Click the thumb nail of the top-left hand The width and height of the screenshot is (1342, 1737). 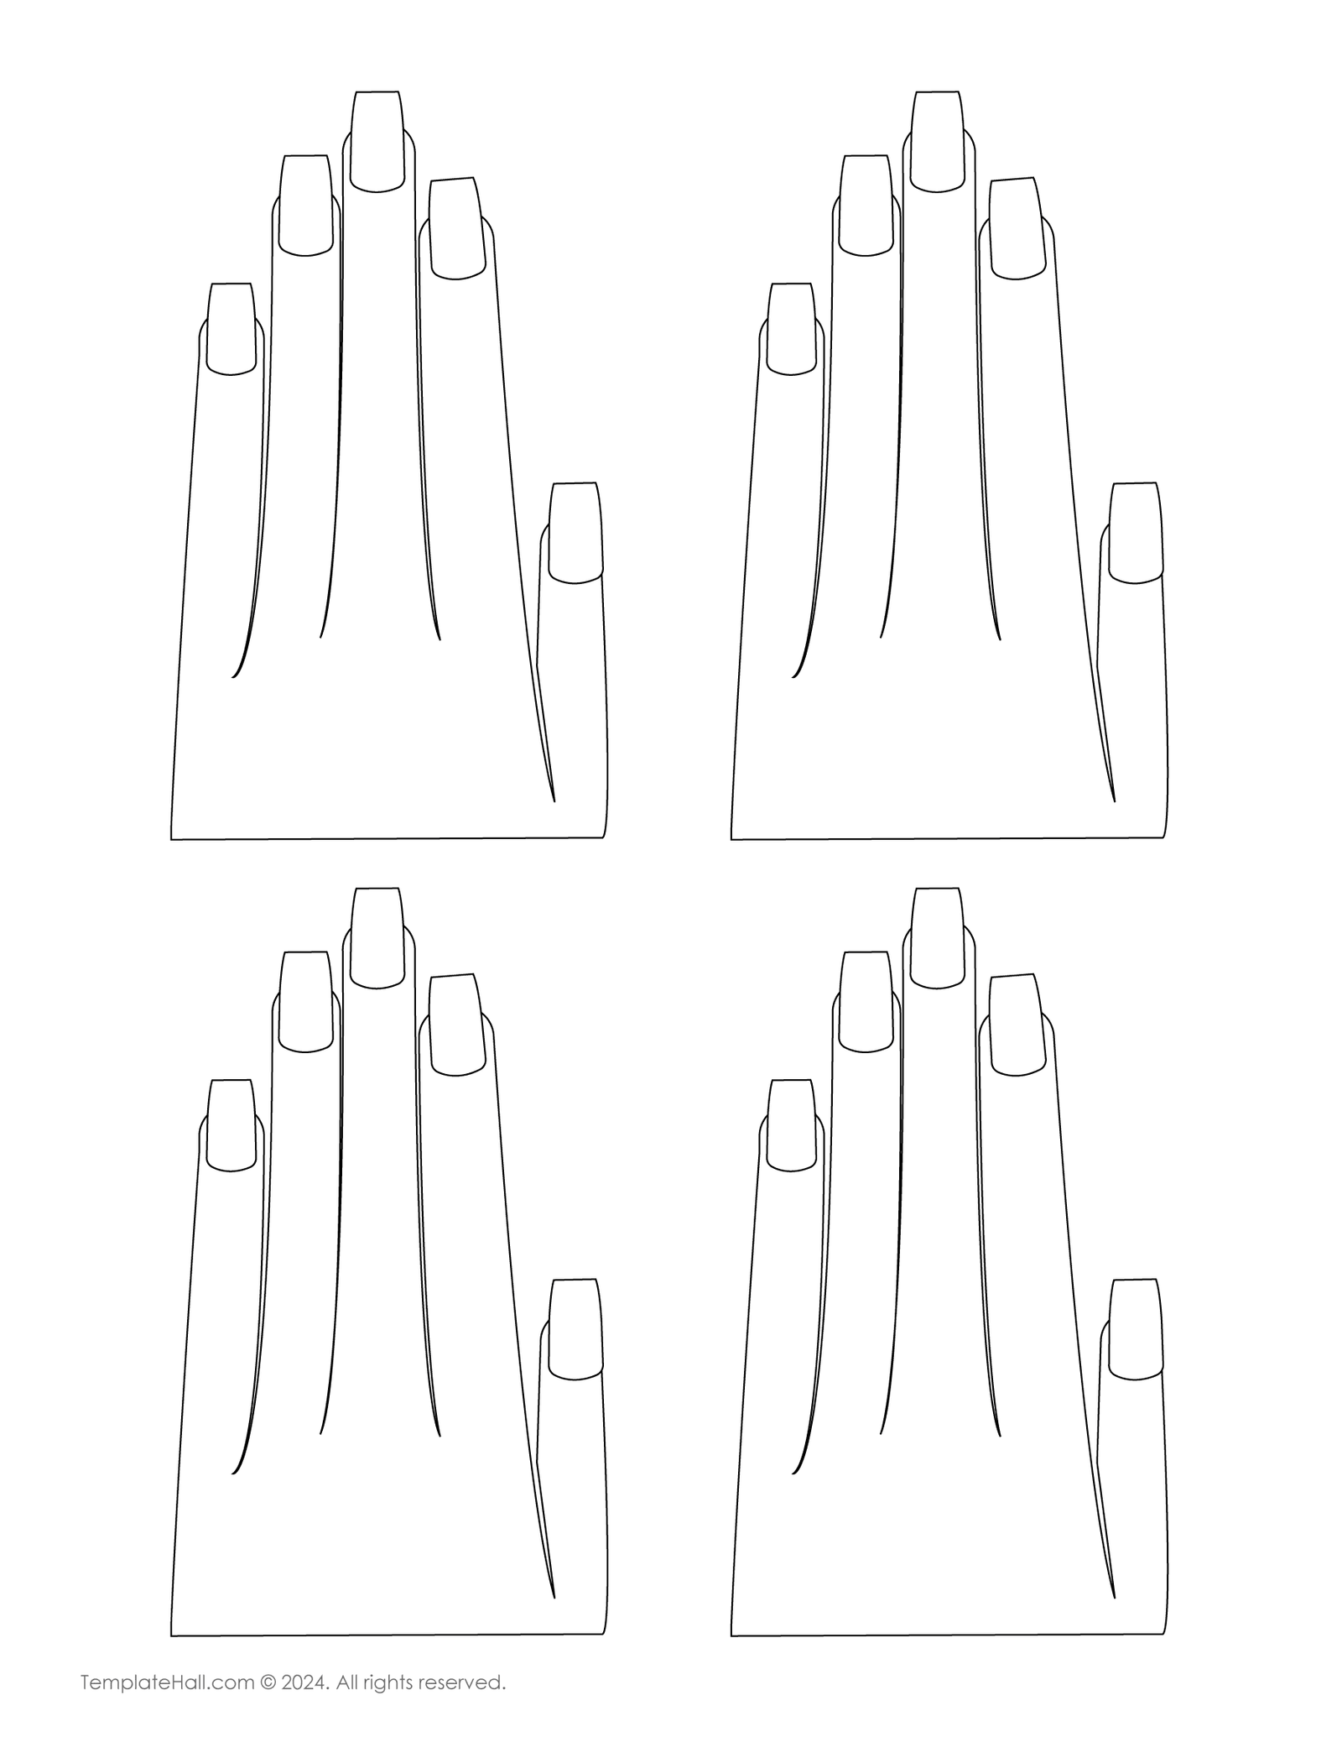click(x=575, y=533)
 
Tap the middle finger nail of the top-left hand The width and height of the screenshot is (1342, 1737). click(x=377, y=141)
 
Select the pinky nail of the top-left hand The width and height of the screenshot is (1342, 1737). click(x=231, y=329)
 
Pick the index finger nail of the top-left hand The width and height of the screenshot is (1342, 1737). click(x=457, y=228)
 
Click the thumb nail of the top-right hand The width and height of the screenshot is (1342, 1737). click(x=1136, y=533)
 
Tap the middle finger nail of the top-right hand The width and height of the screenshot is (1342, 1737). click(x=938, y=141)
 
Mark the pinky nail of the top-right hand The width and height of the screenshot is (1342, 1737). click(x=791, y=329)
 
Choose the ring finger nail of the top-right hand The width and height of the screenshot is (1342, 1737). click(x=866, y=206)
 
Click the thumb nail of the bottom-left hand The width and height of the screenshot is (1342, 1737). click(x=575, y=1329)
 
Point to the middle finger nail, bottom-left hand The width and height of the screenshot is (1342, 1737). click(x=377, y=937)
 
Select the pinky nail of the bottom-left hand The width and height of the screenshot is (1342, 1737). click(x=231, y=1125)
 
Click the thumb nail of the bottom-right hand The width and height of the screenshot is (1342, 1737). click(x=1136, y=1329)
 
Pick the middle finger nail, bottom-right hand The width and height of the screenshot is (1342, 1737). click(x=938, y=937)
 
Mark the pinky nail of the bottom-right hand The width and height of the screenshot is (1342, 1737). click(x=791, y=1125)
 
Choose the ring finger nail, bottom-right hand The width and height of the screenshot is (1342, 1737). click(x=866, y=1002)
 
